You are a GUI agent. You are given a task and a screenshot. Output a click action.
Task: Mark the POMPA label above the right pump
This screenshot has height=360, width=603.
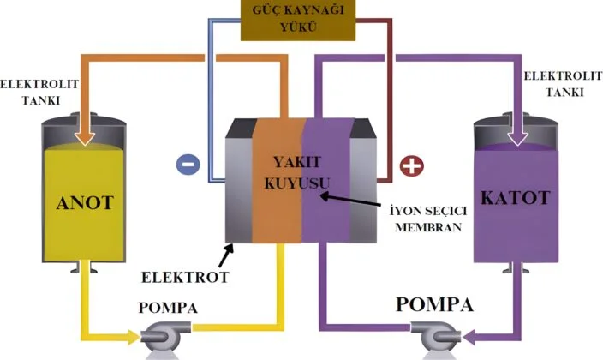[x=435, y=303]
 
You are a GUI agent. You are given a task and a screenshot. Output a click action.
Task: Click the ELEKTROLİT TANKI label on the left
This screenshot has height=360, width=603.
[x=30, y=92]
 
